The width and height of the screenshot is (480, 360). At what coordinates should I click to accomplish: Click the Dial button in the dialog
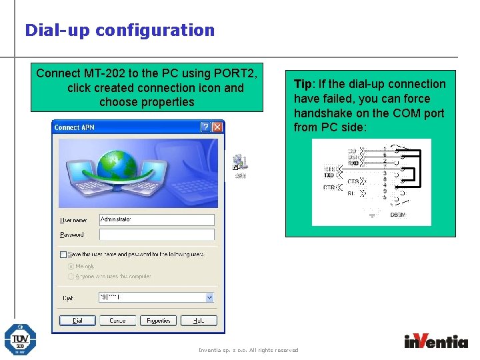pos(77,321)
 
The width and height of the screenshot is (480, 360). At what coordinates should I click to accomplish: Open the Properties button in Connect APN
pos(157,321)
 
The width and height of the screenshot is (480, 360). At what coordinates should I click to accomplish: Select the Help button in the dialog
pos(198,321)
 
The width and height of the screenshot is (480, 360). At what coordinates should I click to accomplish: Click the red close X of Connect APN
pos(217,127)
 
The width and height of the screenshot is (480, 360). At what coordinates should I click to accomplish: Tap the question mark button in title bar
pos(205,127)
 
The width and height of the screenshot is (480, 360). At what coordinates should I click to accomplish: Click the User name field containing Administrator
pos(156,219)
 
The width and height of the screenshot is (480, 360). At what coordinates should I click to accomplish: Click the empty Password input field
pos(156,235)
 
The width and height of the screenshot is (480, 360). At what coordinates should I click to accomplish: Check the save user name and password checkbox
pos(63,254)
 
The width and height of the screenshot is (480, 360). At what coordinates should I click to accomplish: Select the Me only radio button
pos(71,266)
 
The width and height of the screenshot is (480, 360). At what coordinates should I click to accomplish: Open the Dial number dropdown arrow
pos(209,298)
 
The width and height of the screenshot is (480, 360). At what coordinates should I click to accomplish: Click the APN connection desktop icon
pos(239,165)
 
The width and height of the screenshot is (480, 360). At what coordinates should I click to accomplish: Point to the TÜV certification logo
pos(20,339)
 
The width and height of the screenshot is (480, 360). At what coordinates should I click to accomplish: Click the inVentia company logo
pos(436,341)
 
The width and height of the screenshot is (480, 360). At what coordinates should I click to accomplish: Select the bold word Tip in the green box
pos(303,84)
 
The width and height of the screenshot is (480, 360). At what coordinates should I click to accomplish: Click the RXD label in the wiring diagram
pos(353,163)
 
